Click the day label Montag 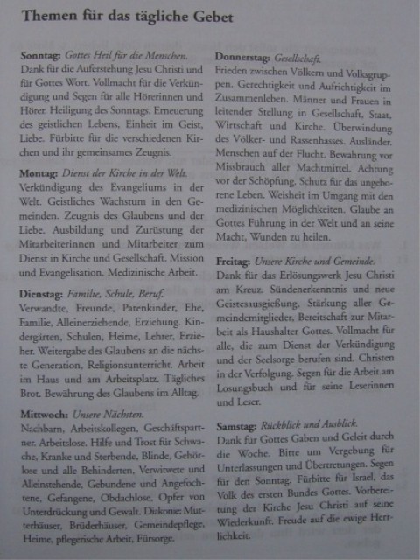pyautogui.click(x=37, y=172)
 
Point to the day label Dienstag pyautogui.click(x=39, y=294)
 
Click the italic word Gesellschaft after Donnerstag pyautogui.click(x=300, y=58)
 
